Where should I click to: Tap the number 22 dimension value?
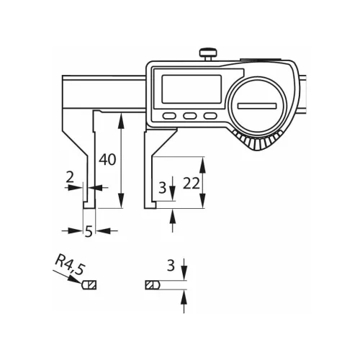(191, 183)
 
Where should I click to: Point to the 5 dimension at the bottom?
(88, 231)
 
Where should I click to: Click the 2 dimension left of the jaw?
(69, 176)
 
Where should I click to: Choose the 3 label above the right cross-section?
(171, 265)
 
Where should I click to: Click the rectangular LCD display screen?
(189, 89)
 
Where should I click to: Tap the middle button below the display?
(190, 116)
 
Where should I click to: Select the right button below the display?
(210, 116)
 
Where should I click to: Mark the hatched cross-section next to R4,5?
(90, 285)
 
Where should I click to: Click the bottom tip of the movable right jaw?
(153, 205)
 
